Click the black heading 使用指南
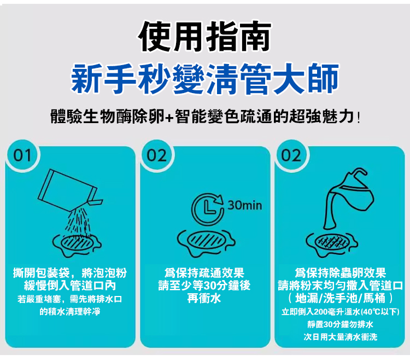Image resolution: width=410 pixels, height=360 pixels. [205, 37]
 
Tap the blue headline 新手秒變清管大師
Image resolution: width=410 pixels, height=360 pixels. [205, 78]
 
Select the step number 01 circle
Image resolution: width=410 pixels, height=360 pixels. [22, 155]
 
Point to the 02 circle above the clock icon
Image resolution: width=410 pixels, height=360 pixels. [157, 155]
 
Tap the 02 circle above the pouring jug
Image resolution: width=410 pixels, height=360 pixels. [291, 155]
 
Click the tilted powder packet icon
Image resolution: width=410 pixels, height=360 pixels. [70, 190]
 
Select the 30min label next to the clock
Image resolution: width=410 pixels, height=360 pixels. [245, 205]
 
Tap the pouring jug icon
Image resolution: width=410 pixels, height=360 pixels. [348, 199]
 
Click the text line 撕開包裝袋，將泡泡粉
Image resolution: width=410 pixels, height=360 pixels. [70, 273]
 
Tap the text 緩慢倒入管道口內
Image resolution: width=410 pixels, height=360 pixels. [70, 286]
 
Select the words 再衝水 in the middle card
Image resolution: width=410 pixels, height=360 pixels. [204, 298]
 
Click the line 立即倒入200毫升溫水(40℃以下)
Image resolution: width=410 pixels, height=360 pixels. [340, 312]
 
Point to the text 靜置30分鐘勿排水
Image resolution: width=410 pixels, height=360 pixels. [340, 324]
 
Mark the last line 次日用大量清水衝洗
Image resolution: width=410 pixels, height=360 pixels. [340, 337]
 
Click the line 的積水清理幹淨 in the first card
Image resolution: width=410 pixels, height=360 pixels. [70, 311]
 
